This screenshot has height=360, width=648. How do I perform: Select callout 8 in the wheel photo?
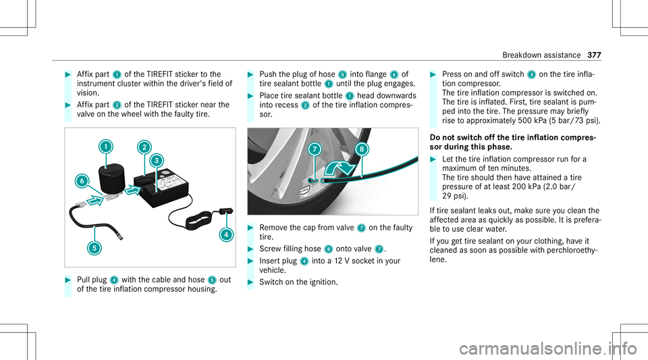[361, 148]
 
